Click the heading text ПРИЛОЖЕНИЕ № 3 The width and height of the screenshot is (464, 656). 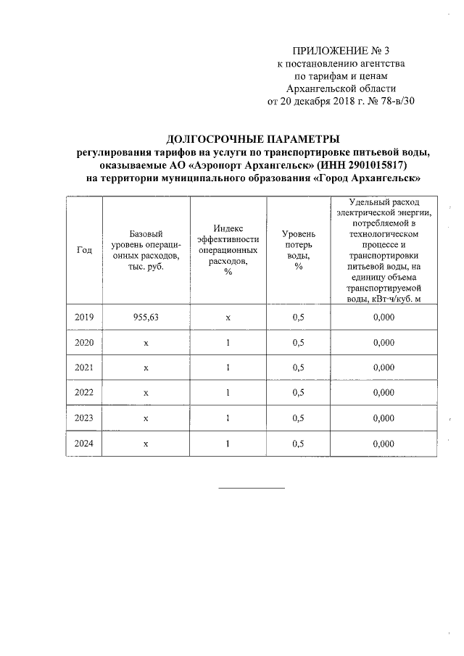(340, 51)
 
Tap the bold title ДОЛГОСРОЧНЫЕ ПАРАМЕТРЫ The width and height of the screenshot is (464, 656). (253, 138)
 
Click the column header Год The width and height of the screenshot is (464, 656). (84, 250)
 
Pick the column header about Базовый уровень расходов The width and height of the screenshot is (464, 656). (146, 250)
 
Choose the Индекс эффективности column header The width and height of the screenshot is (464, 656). (228, 249)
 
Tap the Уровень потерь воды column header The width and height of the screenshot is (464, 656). (298, 250)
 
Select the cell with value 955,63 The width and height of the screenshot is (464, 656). (146, 317)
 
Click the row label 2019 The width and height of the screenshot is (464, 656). (84, 317)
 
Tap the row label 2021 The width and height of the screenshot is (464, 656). (84, 368)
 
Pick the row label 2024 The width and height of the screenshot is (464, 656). (84, 444)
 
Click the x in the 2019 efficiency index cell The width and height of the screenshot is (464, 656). (228, 317)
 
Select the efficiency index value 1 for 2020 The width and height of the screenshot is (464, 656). (228, 342)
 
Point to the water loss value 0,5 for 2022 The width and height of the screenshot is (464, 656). (298, 393)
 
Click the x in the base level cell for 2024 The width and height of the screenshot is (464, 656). (146, 444)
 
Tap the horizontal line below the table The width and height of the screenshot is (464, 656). (252, 486)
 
